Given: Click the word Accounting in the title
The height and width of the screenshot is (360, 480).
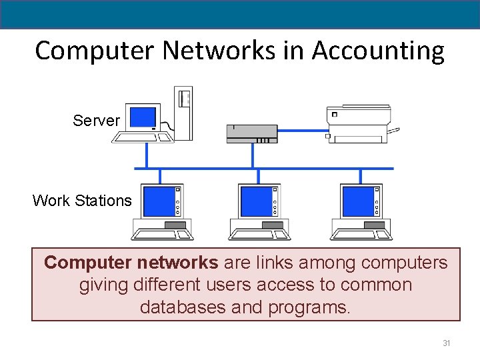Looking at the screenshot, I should pos(377,51).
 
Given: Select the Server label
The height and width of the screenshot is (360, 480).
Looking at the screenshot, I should pos(96,121).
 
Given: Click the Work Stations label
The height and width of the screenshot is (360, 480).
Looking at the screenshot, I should pos(82,201).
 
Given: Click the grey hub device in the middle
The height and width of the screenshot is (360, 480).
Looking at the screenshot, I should pos(252,133).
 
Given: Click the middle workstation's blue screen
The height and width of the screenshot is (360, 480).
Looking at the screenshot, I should pos(256,201).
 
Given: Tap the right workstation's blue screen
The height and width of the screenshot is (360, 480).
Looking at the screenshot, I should pos(358,201).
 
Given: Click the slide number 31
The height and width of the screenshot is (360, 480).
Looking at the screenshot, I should pos(447,343).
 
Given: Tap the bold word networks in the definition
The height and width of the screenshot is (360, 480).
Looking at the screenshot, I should pos(179,263).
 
